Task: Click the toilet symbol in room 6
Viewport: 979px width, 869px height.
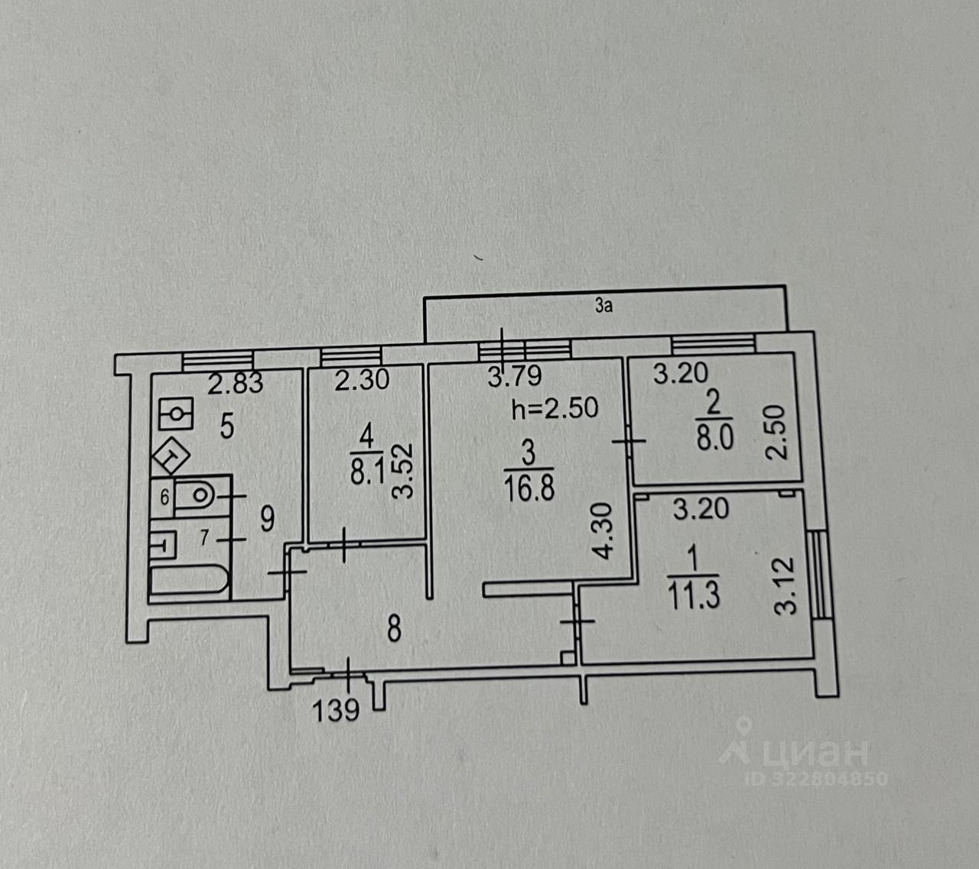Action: (x=198, y=495)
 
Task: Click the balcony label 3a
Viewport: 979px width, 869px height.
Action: (x=604, y=307)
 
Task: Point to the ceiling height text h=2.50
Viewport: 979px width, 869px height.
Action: (x=555, y=408)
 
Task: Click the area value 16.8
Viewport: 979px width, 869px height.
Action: (x=528, y=486)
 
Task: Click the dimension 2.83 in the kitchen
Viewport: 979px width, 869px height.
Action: (x=236, y=382)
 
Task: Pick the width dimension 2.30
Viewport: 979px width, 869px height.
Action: (x=362, y=380)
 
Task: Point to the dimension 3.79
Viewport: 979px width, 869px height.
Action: (x=515, y=376)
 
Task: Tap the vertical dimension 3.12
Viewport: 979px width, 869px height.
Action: (x=787, y=586)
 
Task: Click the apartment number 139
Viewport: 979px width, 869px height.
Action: (x=336, y=711)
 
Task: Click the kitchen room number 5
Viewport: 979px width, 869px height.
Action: (x=227, y=426)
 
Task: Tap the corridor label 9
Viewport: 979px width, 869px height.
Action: (x=267, y=520)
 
